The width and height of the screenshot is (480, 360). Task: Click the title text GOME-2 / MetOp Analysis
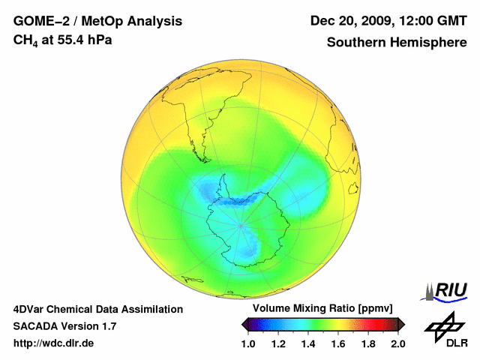coord(97,21)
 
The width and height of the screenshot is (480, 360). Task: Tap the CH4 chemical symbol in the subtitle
coord(25,40)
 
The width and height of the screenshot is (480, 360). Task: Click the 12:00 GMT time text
coord(435,21)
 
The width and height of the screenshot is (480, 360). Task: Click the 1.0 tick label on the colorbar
coord(248,344)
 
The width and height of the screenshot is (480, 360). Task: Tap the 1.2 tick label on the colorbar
coord(278,344)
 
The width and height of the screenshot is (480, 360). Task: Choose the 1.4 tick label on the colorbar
coord(308,344)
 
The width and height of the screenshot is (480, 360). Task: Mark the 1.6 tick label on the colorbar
coord(338,344)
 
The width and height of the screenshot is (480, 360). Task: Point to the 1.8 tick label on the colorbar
coord(368,344)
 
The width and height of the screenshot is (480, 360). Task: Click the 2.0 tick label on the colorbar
coord(398,344)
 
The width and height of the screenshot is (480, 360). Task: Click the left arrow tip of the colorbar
coord(243,324)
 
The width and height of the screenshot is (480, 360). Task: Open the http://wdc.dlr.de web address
coord(54,343)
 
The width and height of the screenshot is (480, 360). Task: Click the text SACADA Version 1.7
coord(64,326)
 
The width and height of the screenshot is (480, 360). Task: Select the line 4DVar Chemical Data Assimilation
coord(98,309)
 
